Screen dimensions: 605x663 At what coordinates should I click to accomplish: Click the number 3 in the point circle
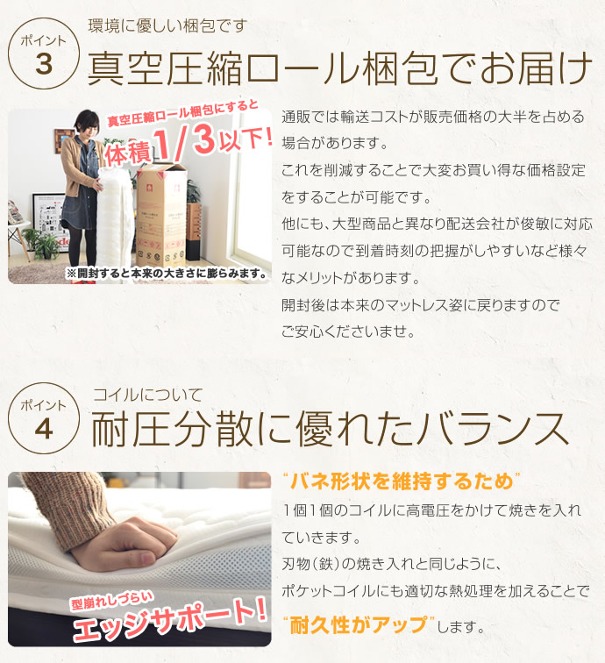point(44,64)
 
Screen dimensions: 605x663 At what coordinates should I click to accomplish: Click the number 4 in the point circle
point(44,430)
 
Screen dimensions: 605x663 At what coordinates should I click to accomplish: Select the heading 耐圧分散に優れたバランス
point(331,430)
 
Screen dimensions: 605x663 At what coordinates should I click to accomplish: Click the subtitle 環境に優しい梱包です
point(167,25)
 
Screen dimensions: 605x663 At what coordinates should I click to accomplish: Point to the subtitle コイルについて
point(147,396)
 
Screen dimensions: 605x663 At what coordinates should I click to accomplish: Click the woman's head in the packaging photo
point(86,122)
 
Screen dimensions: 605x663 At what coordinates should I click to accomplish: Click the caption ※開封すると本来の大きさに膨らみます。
point(167,274)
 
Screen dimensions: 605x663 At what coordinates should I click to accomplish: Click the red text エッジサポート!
point(170,620)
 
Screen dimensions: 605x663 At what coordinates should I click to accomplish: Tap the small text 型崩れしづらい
point(111,601)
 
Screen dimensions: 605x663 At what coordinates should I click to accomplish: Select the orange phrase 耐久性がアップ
point(359,625)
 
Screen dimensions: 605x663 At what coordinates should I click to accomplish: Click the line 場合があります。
point(334,143)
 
